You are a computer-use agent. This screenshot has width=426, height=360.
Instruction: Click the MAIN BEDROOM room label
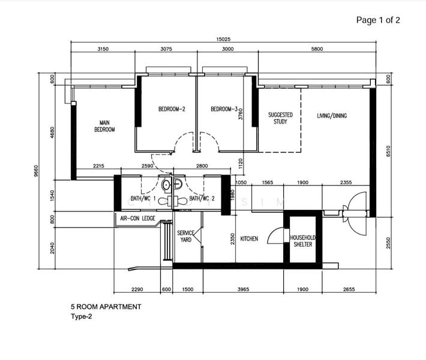104,126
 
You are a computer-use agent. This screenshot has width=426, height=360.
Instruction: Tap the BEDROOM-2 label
172,109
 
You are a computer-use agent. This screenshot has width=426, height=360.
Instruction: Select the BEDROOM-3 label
224,109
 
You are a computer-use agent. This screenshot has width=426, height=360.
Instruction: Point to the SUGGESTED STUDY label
280,118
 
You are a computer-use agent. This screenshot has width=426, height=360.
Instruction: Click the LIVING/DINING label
332,116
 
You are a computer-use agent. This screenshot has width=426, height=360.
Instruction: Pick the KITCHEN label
249,239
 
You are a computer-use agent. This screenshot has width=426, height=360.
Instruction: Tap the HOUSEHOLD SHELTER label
303,241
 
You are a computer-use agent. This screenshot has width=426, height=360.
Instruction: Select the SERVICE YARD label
185,236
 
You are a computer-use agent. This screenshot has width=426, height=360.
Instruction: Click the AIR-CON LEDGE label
138,218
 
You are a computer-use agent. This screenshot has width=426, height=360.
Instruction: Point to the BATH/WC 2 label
202,199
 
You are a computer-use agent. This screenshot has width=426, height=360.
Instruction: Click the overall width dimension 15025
223,39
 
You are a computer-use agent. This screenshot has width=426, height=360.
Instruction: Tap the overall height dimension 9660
36,171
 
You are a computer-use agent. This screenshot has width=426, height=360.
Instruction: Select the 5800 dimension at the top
317,49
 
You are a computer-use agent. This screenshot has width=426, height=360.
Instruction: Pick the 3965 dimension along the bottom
243,289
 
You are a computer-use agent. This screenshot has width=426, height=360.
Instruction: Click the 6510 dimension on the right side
388,151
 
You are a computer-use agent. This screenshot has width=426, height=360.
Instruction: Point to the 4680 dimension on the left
52,133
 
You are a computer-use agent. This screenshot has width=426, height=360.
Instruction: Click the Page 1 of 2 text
378,20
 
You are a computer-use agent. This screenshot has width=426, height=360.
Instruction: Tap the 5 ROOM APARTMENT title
106,307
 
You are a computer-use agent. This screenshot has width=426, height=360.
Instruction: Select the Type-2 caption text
82,317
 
